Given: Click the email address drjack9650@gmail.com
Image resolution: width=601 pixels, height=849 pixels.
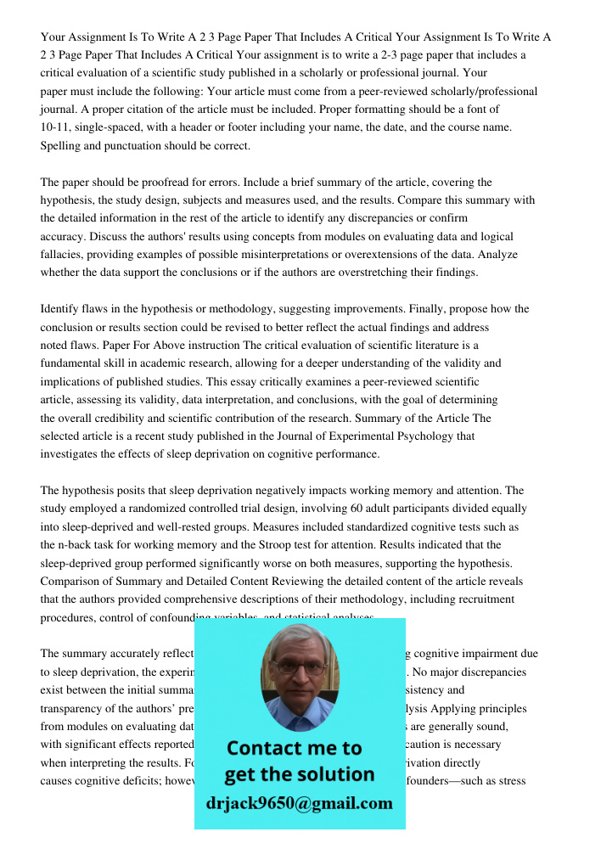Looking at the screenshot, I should point(299,803).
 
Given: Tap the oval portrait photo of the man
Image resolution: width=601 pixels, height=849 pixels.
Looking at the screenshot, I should point(299,676).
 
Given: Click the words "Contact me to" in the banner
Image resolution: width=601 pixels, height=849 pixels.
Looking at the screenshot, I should point(294,748).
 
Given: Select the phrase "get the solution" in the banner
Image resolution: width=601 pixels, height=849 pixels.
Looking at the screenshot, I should point(299,774).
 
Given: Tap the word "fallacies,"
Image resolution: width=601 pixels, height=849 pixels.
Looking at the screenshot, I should point(65,255).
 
